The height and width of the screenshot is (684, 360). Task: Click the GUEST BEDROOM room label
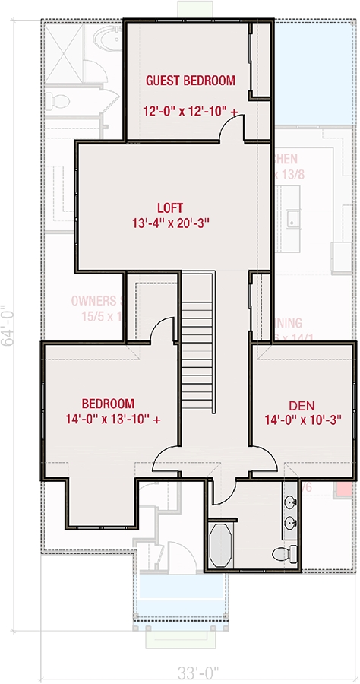point(191,80)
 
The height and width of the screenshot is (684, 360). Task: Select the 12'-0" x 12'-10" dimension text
point(190,112)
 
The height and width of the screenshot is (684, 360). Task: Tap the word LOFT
point(171,207)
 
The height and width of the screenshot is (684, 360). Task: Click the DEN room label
point(302,405)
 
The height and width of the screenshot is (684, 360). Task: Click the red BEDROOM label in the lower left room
point(109,404)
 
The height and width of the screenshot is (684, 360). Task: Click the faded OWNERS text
point(93,301)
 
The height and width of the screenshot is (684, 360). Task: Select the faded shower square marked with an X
point(60,53)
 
